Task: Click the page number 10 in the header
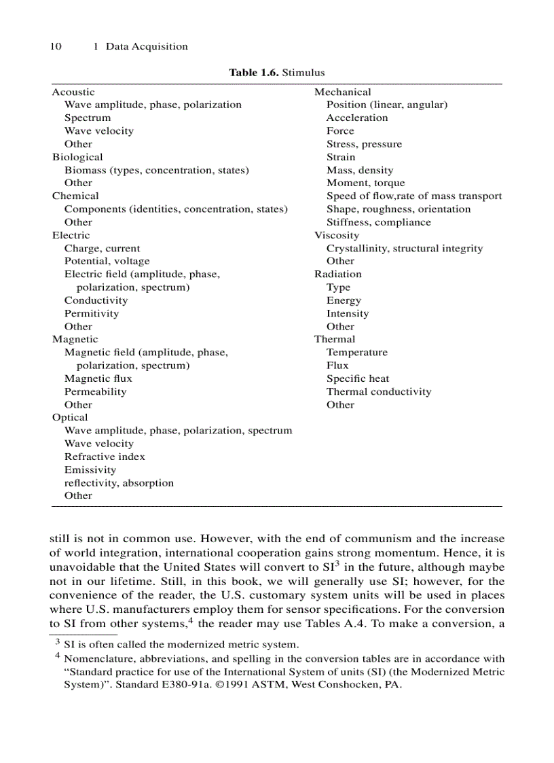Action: [x=56, y=47]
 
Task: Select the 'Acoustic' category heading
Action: [x=73, y=92]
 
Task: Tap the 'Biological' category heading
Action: [x=77, y=157]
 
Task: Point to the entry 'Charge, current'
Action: [x=102, y=249]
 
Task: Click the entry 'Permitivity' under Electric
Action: [x=92, y=314]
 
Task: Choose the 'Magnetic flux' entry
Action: [x=98, y=378]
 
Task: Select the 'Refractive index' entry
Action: [x=105, y=457]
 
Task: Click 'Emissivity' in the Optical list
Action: [x=90, y=470]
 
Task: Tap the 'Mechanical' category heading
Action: [x=342, y=92]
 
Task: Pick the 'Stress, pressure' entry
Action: [x=364, y=144]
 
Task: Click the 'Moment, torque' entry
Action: [x=365, y=183]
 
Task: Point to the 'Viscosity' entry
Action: [x=337, y=235]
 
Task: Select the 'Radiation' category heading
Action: [x=337, y=274]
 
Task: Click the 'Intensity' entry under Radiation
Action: [x=348, y=314]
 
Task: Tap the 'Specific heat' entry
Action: [x=358, y=378]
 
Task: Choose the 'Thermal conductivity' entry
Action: [x=378, y=392]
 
